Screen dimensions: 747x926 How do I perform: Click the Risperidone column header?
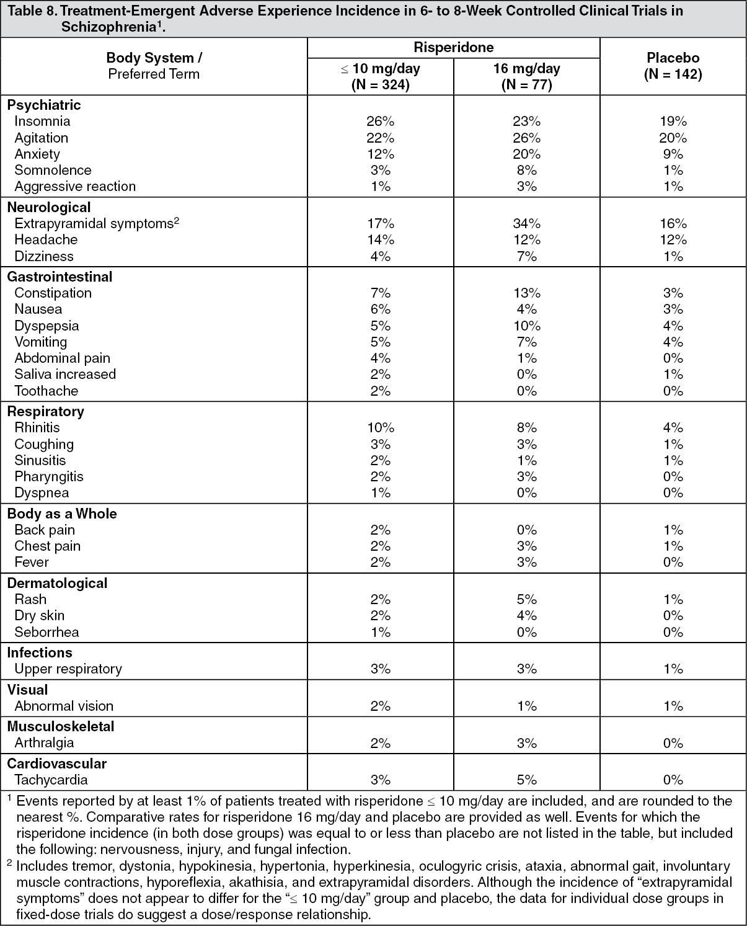click(453, 47)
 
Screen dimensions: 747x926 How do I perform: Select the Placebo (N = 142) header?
click(673, 66)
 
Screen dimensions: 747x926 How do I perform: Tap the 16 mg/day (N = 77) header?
click(526, 76)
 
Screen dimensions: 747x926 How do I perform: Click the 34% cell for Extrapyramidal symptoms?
click(526, 223)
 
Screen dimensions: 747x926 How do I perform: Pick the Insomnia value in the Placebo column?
click(673, 121)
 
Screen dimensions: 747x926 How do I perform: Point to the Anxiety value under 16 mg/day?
click(526, 154)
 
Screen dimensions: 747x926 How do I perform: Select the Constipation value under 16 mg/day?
click(526, 293)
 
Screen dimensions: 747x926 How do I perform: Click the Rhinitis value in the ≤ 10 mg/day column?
click(380, 427)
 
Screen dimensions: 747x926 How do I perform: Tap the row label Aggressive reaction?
click(75, 187)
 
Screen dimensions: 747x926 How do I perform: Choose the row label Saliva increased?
click(65, 375)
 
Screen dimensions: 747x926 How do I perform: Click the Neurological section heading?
click(49, 207)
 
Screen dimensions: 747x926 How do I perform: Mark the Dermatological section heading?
click(58, 583)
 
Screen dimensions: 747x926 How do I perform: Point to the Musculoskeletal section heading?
click(61, 726)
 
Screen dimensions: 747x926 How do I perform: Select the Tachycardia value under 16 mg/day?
click(526, 780)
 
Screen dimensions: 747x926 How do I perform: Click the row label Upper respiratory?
click(68, 669)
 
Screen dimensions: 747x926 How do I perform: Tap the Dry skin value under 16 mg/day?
click(526, 616)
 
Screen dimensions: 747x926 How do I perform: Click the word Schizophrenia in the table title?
click(108, 27)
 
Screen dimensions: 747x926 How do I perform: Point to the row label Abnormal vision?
click(64, 706)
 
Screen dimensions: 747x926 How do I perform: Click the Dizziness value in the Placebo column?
click(673, 256)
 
